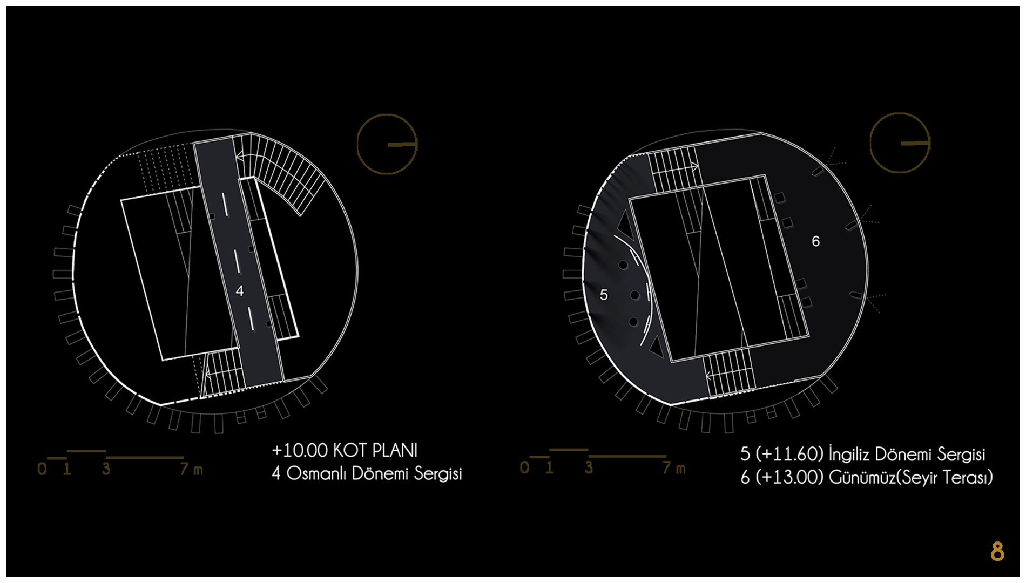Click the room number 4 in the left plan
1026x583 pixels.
(x=240, y=291)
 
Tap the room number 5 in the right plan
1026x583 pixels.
(x=604, y=295)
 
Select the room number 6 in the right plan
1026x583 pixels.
(x=816, y=241)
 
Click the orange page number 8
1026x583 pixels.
(x=997, y=551)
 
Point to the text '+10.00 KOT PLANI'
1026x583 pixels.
(x=345, y=450)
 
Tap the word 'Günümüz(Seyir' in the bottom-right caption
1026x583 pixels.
(x=886, y=477)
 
